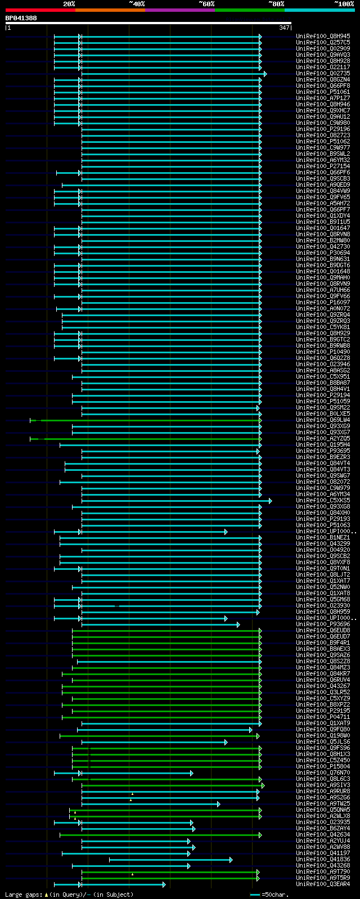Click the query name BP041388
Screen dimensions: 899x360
[x=21, y=18]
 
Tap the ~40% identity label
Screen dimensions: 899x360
[x=137, y=4]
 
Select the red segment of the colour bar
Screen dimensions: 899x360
[x=40, y=10]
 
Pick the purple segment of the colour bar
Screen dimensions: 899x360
[x=179, y=10]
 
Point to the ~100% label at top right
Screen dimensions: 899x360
[x=344, y=4]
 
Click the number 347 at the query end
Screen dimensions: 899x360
[x=284, y=28]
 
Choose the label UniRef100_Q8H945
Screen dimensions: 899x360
[x=323, y=37]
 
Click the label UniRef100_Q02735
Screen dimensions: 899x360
[x=323, y=74]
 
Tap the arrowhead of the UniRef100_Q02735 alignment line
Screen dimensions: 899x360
[x=265, y=74]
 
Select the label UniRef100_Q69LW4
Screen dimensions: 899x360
[x=323, y=420]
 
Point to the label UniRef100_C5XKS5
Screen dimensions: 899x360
[x=323, y=501]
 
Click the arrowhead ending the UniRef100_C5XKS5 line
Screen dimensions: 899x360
[x=270, y=501]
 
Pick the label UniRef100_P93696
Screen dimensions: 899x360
[x=323, y=624]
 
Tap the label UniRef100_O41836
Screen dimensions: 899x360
[x=323, y=860]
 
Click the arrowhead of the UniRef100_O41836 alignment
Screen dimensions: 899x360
[x=231, y=860]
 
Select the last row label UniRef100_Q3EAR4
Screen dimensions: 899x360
[x=323, y=884]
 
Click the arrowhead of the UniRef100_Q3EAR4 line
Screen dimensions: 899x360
[x=164, y=884]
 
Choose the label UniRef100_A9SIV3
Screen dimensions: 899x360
[x=323, y=785]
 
